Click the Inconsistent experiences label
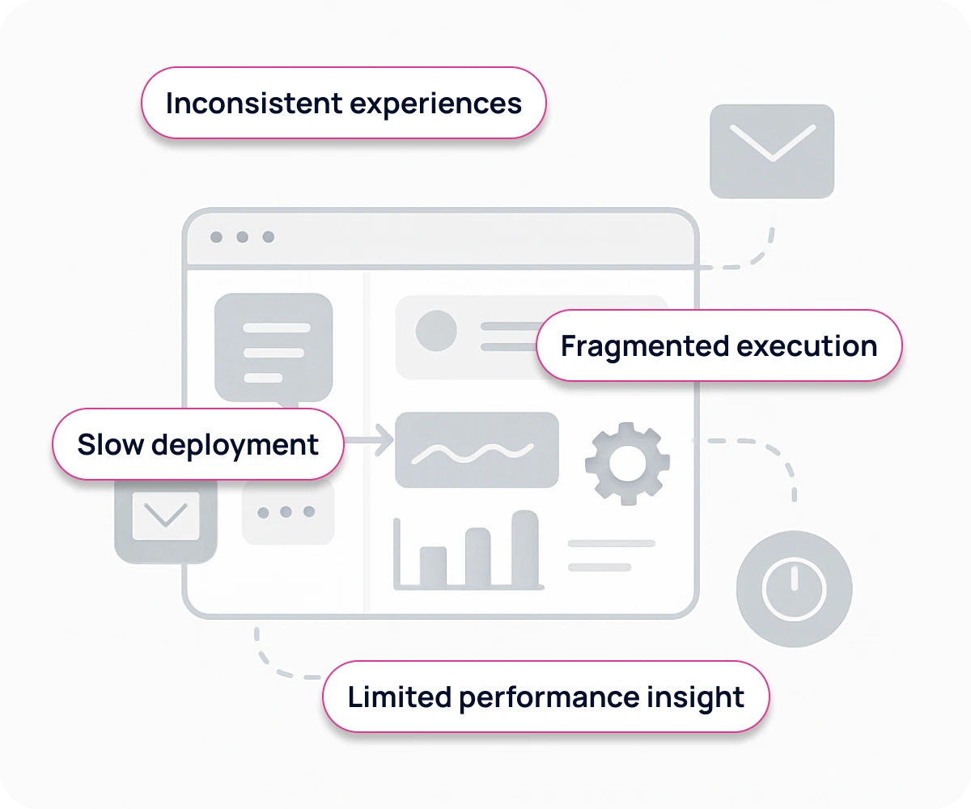343,104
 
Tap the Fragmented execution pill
719,346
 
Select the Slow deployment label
197,445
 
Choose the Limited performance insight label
545,697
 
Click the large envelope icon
772,151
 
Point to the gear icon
627,463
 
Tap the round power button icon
794,588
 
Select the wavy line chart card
477,450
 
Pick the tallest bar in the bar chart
525,548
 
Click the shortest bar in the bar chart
433,565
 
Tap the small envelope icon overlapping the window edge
166,517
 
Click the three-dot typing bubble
287,512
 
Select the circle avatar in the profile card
436,331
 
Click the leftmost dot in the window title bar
216,237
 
